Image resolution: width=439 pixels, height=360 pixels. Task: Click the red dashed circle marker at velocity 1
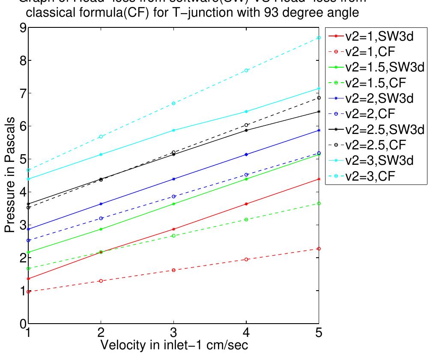(x=29, y=292)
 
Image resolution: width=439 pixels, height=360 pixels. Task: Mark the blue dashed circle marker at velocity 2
(x=101, y=218)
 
